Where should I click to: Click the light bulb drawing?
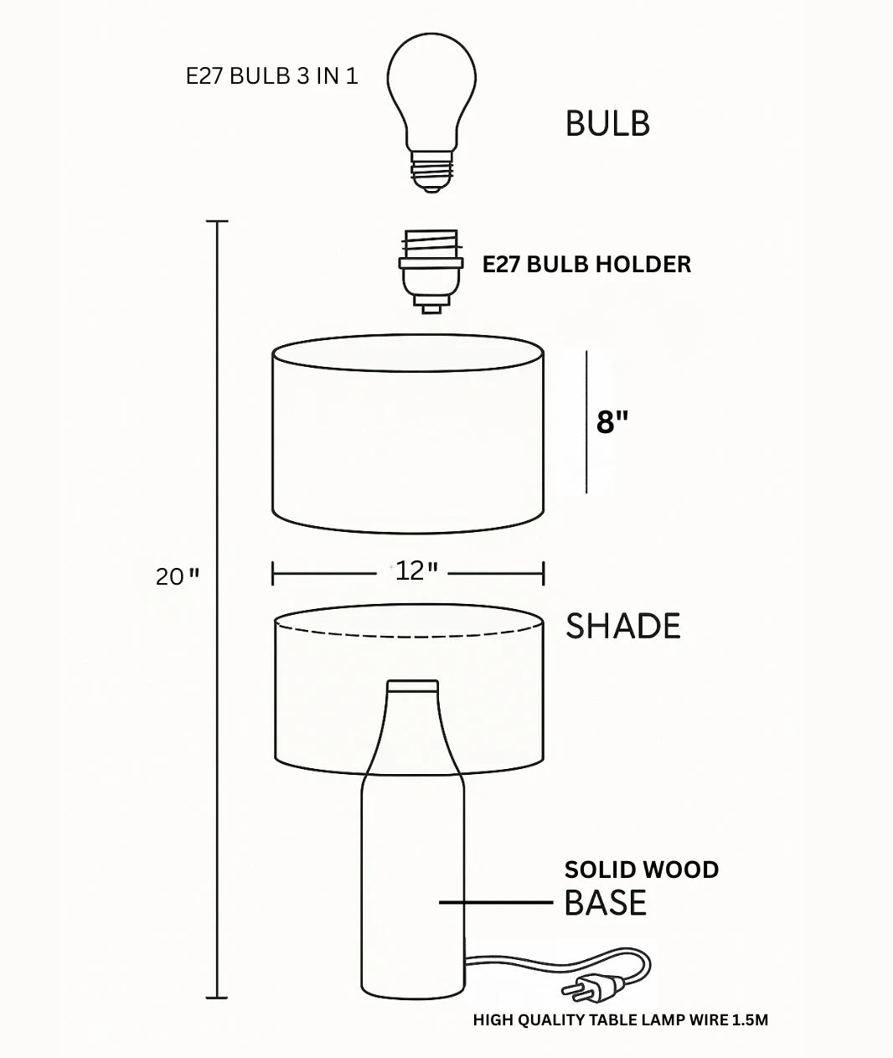click(x=431, y=92)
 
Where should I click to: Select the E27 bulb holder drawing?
click(x=431, y=271)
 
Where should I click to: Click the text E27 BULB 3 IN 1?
click(x=271, y=76)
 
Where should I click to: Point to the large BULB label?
click(x=607, y=124)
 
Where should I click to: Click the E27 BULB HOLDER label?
click(x=586, y=265)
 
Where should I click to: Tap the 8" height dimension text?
click(x=612, y=422)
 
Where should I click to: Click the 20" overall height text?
click(x=178, y=577)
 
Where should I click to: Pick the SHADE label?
click(x=622, y=627)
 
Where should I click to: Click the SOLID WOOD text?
click(x=641, y=870)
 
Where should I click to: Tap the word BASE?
click(x=605, y=904)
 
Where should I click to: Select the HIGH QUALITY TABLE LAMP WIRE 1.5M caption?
click(x=620, y=1020)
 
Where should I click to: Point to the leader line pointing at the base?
click(x=496, y=903)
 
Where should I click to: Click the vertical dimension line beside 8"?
click(x=586, y=422)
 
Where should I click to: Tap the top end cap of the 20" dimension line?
click(x=217, y=222)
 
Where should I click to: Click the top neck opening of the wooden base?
click(x=412, y=685)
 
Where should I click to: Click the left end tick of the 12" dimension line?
click(x=273, y=574)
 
